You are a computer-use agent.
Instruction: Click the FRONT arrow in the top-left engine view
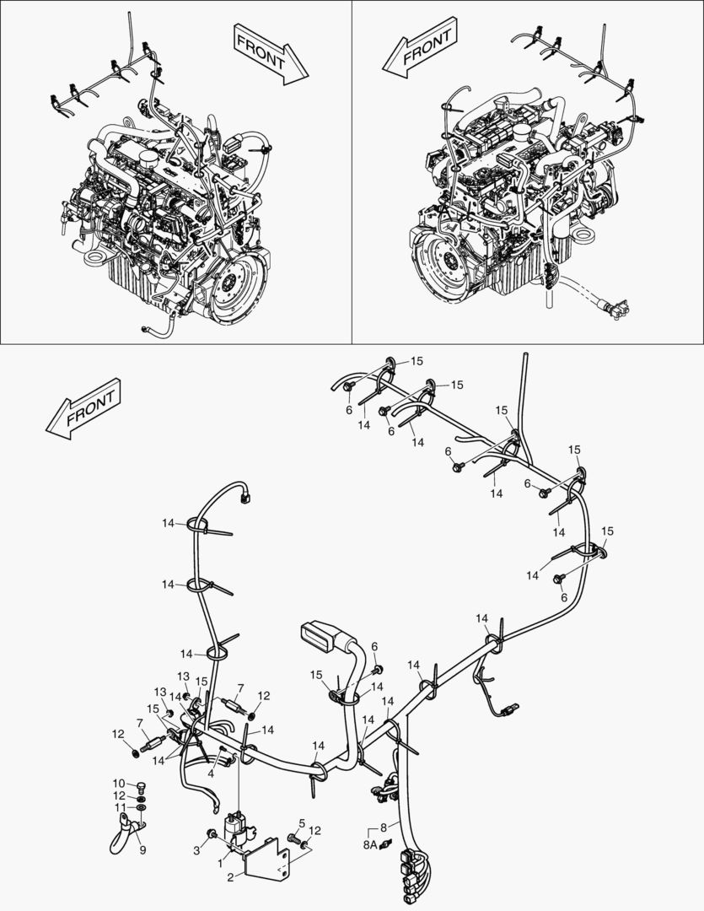point(270,53)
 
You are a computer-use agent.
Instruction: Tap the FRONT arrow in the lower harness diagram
point(83,408)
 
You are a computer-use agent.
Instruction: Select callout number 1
point(220,864)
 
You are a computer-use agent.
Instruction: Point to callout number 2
point(230,878)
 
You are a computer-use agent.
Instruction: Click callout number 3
point(197,850)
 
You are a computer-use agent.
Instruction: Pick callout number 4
point(211,774)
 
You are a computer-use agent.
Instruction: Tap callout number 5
point(302,822)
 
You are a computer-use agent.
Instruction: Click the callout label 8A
point(370,844)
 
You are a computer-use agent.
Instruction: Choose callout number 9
point(142,850)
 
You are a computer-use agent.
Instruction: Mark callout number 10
point(119,783)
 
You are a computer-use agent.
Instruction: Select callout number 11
point(119,807)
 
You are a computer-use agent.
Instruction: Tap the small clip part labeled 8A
point(384,845)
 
